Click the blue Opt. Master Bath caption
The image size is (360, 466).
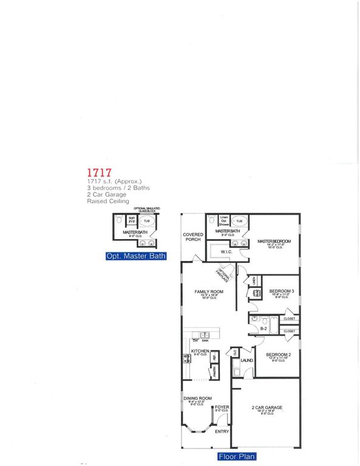pyautogui.click(x=135, y=256)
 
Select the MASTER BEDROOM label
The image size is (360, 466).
pyautogui.click(x=274, y=241)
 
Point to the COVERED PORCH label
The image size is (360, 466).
pyautogui.click(x=193, y=237)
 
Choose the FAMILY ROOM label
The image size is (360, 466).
pyautogui.click(x=209, y=292)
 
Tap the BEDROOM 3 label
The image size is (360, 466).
pyautogui.click(x=282, y=291)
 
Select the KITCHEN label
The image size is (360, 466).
pyautogui.click(x=200, y=351)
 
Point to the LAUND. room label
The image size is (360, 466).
pyautogui.click(x=246, y=360)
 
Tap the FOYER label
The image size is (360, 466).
pyautogui.click(x=222, y=407)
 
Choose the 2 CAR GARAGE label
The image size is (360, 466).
pyautogui.click(x=267, y=408)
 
